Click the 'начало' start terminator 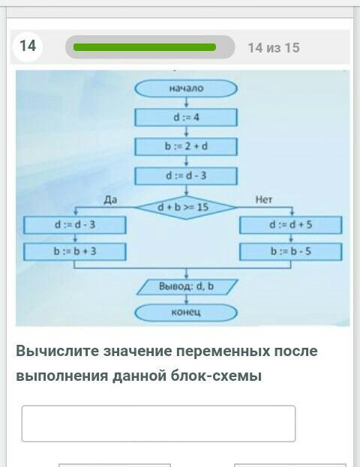point(186,88)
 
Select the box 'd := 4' point(186,118)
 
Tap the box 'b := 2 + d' point(186,146)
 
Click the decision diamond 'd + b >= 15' point(186,208)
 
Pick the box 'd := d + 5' point(290,225)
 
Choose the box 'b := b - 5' point(290,252)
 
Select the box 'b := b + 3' point(75,252)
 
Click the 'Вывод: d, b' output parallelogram point(187,287)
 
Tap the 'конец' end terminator point(186,313)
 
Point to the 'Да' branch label point(110,200)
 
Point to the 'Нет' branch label point(264,200)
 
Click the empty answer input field point(158,424)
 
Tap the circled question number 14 point(28,46)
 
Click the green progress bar point(145,47)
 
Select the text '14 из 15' point(274,48)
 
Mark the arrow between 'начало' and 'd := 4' point(186,103)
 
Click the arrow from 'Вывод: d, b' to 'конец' point(186,299)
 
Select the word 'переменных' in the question point(223,352)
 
